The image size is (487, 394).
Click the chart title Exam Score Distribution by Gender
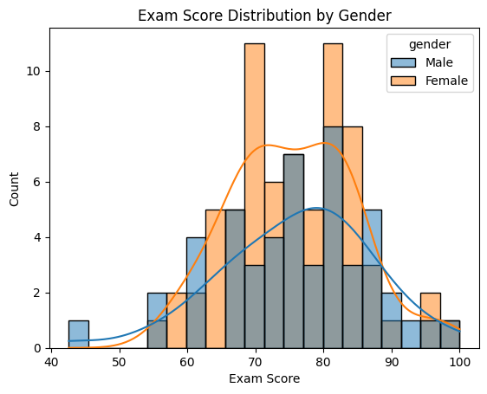(x=264, y=16)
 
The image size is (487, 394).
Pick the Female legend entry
(x=429, y=81)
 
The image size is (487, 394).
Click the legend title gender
(x=430, y=45)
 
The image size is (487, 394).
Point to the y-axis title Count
(x=14, y=189)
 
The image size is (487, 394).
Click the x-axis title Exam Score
(x=264, y=378)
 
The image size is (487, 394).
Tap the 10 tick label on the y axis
(x=34, y=71)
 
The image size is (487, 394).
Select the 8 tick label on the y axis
(x=38, y=127)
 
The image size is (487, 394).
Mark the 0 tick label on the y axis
(x=38, y=349)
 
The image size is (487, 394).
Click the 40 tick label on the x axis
(x=51, y=362)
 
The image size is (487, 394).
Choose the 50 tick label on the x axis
(x=120, y=362)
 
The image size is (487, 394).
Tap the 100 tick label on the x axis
(x=459, y=362)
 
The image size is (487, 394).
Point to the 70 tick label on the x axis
(x=256, y=362)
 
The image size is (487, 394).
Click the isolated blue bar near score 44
(x=79, y=334)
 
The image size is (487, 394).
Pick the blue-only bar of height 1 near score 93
(x=411, y=334)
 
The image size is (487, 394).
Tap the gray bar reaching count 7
(x=294, y=251)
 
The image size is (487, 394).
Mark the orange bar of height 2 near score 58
(x=177, y=320)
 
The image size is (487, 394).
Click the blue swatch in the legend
(x=403, y=62)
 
